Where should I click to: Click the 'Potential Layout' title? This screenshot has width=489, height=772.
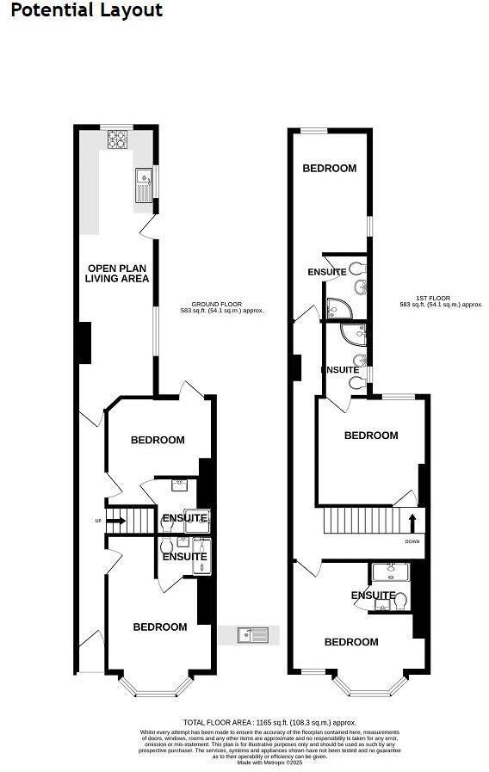(x=82, y=10)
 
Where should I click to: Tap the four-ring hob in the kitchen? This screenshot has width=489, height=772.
(x=115, y=139)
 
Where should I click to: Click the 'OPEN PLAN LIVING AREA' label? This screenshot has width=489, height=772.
(x=117, y=274)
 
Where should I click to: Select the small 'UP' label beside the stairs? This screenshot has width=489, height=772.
(x=99, y=521)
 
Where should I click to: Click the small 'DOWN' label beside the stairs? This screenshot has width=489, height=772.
(x=414, y=542)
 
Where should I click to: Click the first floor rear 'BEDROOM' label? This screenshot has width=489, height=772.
(x=329, y=169)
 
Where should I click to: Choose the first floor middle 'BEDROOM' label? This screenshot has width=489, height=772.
(x=371, y=435)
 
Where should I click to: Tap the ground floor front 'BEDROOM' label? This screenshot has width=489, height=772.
(x=159, y=627)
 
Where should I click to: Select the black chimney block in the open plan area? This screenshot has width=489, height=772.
(x=84, y=342)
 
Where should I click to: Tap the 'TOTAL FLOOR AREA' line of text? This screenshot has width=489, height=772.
(x=269, y=722)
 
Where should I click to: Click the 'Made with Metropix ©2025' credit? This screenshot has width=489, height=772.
(x=269, y=762)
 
